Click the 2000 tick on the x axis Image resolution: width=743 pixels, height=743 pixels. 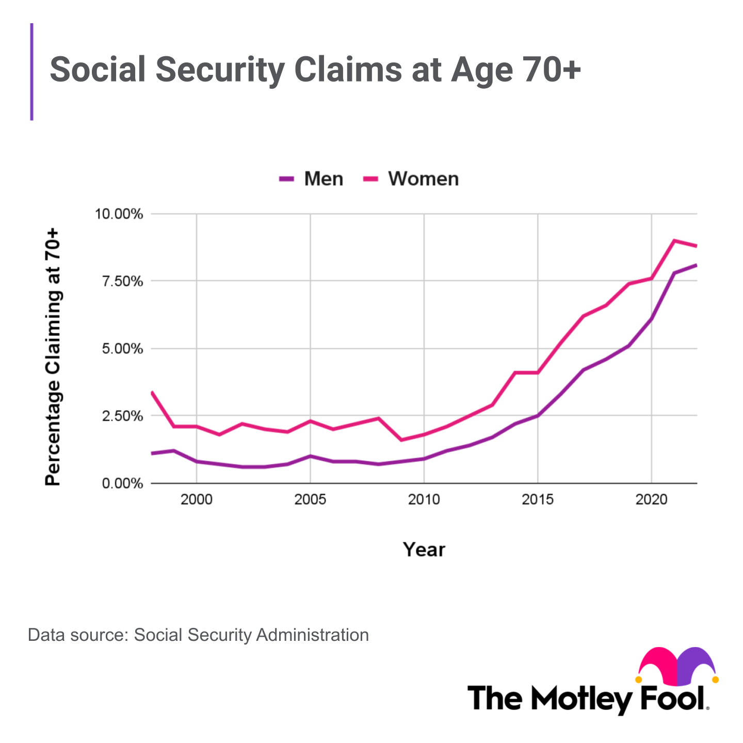pos(197,500)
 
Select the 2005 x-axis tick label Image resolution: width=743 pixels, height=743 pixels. pos(310,500)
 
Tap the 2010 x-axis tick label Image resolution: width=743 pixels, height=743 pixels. pos(424,500)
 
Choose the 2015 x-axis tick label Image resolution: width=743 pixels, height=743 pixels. pos(538,500)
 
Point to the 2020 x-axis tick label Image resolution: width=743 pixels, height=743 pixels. pos(651,500)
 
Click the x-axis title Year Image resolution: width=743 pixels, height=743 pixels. pos(424,550)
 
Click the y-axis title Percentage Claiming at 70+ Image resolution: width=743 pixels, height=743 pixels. pos(53,357)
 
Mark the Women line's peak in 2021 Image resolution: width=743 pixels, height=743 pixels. pos(674,240)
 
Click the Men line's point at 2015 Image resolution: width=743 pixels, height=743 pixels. pos(538,416)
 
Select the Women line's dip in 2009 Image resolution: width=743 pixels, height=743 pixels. pos(401,440)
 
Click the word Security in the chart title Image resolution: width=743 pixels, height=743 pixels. pos(225,70)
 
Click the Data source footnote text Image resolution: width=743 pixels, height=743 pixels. pos(198,635)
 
